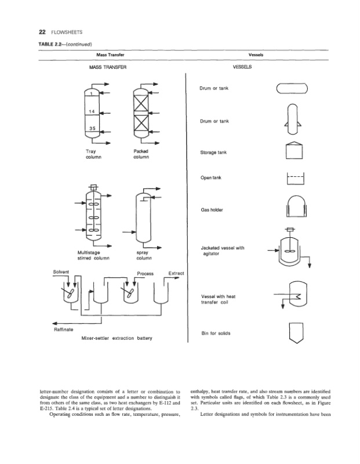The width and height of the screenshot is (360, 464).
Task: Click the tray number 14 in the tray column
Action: (92, 111)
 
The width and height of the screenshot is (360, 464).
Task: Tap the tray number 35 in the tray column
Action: (92, 129)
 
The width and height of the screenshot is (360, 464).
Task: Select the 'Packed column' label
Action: (141, 154)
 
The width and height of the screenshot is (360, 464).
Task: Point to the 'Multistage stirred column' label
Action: (93, 256)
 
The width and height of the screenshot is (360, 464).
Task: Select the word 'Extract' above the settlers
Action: (176, 273)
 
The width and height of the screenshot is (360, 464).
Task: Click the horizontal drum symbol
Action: (296, 88)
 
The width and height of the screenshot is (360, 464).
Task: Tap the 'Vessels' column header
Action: (256, 55)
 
